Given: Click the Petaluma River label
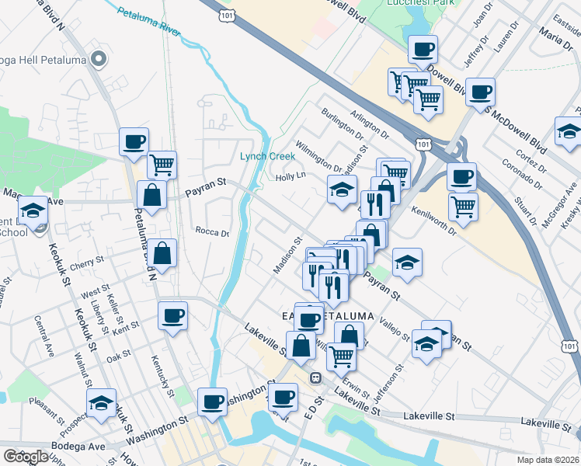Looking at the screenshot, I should click(x=148, y=19).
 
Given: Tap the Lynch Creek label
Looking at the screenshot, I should click(x=268, y=156).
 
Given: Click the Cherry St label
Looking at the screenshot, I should click(x=86, y=264).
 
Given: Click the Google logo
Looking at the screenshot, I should click(x=26, y=457).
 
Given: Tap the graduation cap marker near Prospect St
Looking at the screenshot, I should click(x=101, y=404).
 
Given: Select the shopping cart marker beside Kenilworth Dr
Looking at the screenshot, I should click(x=463, y=207).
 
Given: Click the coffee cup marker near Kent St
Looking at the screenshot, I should click(x=172, y=316).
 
